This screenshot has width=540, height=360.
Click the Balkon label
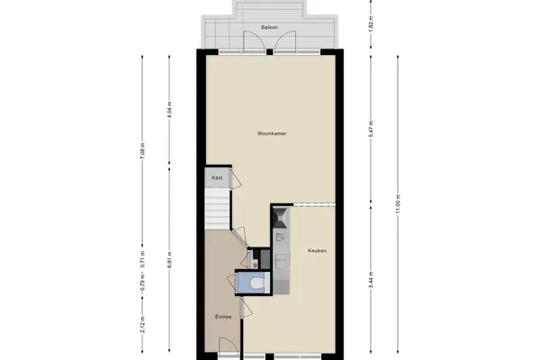(269, 27)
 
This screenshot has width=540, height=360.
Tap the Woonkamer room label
(272, 133)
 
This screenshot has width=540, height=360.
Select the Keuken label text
(317, 250)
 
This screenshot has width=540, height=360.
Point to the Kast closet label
(217, 178)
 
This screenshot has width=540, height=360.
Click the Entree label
(223, 317)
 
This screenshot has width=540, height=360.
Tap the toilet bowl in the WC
(256, 283)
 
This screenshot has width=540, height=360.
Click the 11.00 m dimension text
(398, 204)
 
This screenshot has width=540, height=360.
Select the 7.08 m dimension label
(142, 151)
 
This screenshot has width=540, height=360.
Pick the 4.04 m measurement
(169, 110)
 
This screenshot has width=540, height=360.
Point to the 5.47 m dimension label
(371, 129)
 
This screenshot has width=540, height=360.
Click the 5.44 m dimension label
(371, 281)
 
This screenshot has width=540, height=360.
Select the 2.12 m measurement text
(142, 325)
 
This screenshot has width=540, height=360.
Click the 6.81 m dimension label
(169, 260)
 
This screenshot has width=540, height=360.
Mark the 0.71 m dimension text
(142, 259)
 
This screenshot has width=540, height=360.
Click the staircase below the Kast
(217, 209)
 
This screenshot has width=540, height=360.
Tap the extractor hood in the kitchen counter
(280, 218)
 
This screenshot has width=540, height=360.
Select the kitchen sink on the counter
(282, 261)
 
